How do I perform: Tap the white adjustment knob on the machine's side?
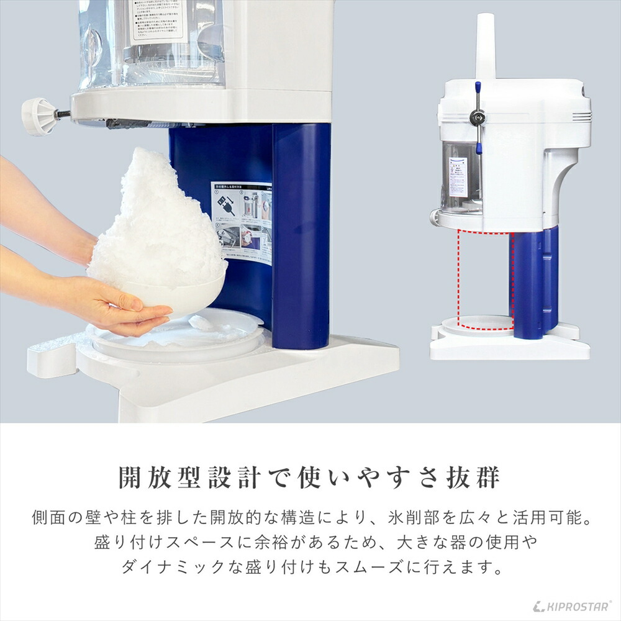pyautogui.click(x=38, y=116)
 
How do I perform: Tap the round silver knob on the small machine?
pyautogui.click(x=478, y=115)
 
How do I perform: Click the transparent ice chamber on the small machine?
pyautogui.click(x=461, y=177)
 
